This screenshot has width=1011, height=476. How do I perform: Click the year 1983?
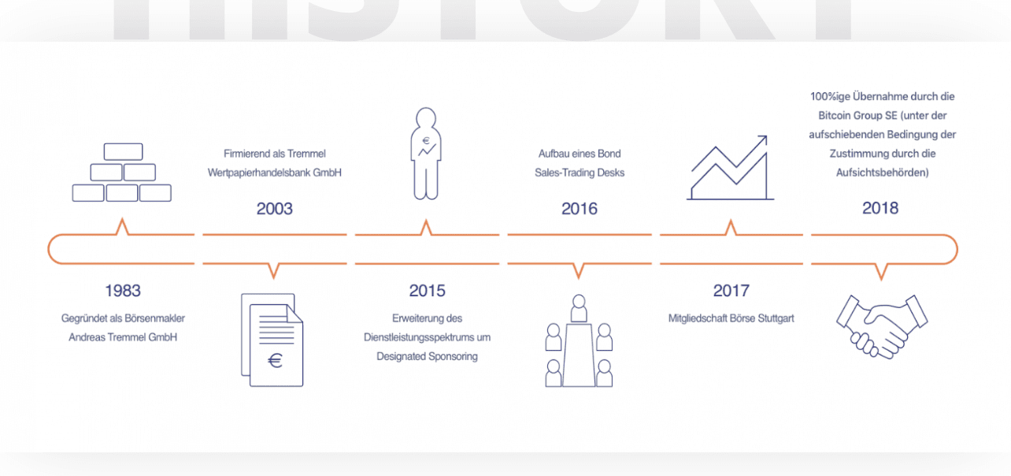pos(123,290)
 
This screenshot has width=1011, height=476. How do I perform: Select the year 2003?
pos(275,209)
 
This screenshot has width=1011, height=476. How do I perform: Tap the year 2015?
pos(427,290)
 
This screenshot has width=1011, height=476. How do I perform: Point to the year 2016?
pos(579,209)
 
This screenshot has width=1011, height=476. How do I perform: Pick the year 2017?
pos(731,290)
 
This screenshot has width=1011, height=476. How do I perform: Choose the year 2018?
pos(880,208)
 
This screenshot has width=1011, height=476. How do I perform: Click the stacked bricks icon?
pos(122,172)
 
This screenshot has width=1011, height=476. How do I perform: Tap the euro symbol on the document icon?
pos(276,360)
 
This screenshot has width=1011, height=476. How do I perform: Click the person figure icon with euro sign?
pos(426,154)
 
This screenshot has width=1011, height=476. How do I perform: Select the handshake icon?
pos(882,327)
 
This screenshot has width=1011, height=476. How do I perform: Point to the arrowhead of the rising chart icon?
pos(763,139)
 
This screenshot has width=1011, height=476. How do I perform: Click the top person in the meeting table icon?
pos(579,308)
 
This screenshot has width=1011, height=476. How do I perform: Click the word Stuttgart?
pos(776,318)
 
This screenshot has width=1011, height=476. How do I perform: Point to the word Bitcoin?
pos(835,116)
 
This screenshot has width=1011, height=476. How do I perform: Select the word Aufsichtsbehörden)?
pos(882,173)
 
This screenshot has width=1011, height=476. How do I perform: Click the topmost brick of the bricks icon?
pos(123,152)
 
